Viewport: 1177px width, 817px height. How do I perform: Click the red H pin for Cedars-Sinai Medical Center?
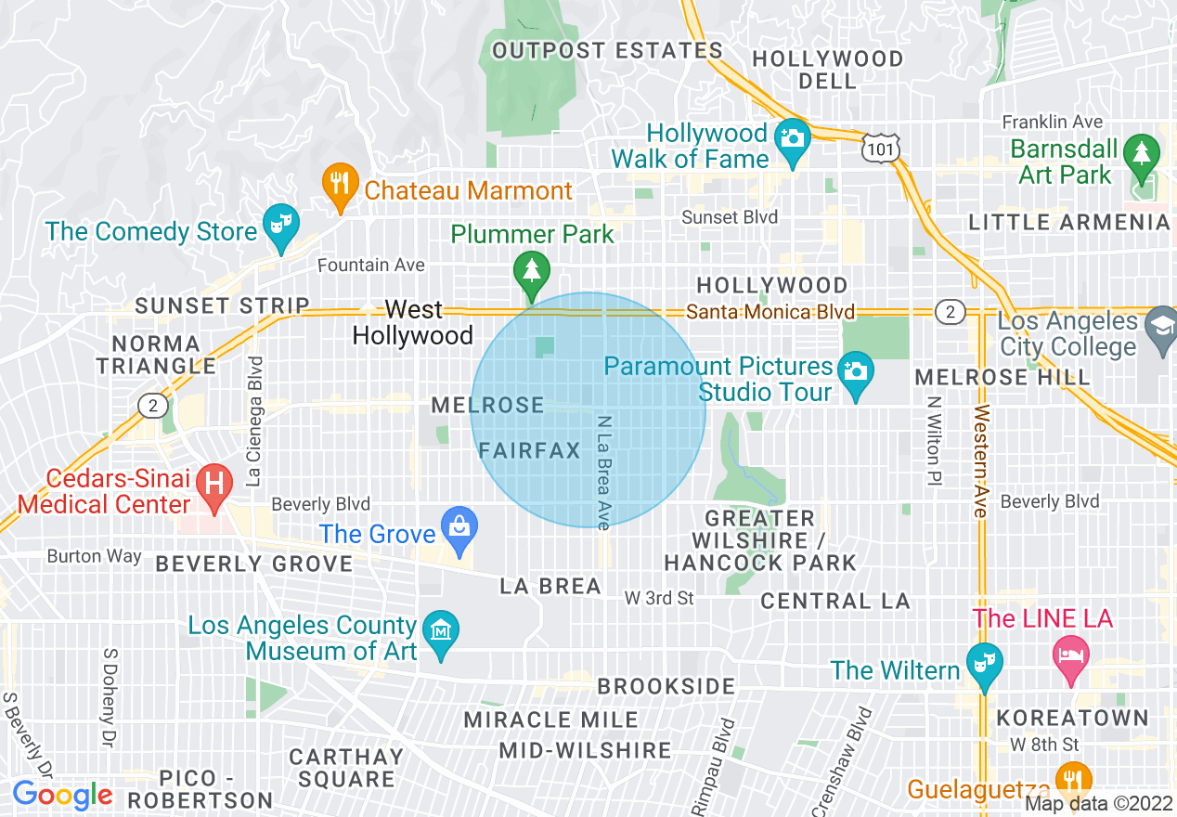(214, 486)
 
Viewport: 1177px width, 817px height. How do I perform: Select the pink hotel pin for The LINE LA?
(1070, 655)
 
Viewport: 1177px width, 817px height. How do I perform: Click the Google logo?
(62, 796)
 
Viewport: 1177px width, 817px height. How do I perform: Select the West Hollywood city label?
(413, 322)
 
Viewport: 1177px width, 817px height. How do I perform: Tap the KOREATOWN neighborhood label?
(1072, 719)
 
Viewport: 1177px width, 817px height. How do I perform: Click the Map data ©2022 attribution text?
(1099, 805)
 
